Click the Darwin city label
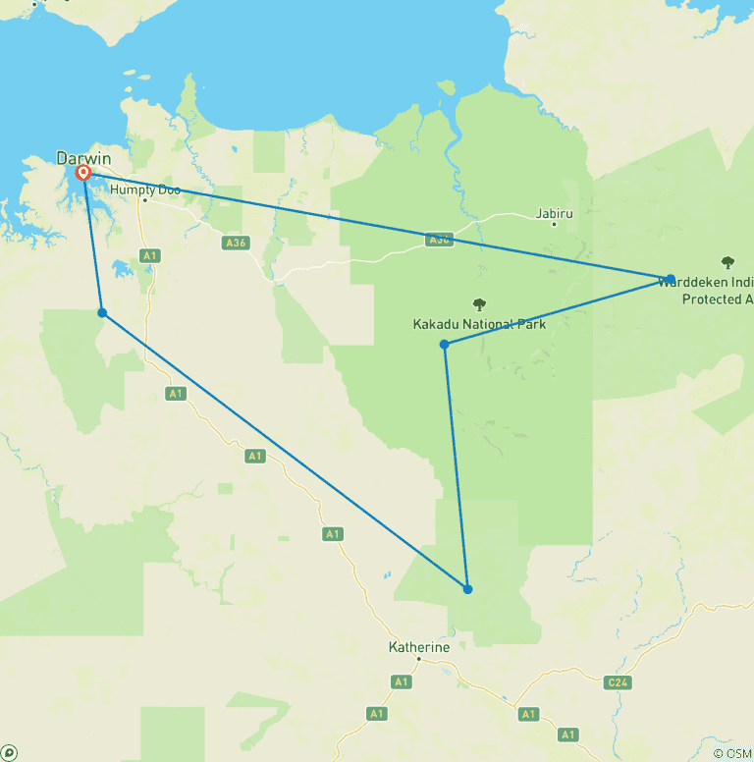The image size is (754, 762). pyautogui.click(x=83, y=158)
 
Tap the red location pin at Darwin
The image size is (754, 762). pyautogui.click(x=84, y=173)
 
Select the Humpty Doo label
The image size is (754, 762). pyautogui.click(x=145, y=189)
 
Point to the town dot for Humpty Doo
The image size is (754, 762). pyautogui.click(x=144, y=199)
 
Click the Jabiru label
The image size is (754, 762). pyautogui.click(x=554, y=212)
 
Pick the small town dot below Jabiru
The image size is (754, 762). pyautogui.click(x=554, y=224)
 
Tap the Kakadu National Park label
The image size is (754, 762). pyautogui.click(x=478, y=324)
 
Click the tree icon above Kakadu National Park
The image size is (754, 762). pyautogui.click(x=479, y=304)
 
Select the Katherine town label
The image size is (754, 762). pyautogui.click(x=419, y=647)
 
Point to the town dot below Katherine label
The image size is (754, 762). pyautogui.click(x=418, y=659)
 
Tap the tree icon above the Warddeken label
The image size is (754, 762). pyautogui.click(x=727, y=262)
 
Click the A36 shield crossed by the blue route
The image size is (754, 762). pyautogui.click(x=438, y=240)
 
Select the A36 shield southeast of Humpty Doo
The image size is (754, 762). pyautogui.click(x=235, y=243)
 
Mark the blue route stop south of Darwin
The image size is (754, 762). pyautogui.click(x=102, y=313)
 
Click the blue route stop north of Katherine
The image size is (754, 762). pyautogui.click(x=468, y=589)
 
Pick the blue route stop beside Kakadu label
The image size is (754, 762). pyautogui.click(x=445, y=344)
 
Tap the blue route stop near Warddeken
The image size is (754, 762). pyautogui.click(x=671, y=279)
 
